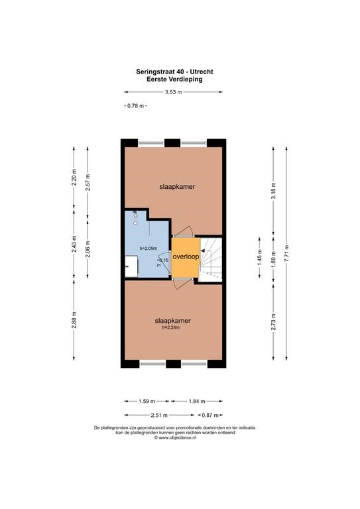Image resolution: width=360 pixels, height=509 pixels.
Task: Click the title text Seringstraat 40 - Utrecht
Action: pos(174,72)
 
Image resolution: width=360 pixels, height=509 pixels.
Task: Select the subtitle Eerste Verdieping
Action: pos(174,80)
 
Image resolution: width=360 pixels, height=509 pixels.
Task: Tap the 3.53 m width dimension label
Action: pos(173,92)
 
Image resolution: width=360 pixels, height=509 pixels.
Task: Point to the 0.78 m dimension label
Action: pos(135,105)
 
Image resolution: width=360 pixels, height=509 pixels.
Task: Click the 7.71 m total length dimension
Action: pos(286,253)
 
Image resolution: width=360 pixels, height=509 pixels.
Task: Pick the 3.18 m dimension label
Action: pos(273,191)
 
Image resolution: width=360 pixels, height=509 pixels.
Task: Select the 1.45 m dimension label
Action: pos(260,257)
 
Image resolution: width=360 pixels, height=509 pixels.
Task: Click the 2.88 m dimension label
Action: pos(74,320)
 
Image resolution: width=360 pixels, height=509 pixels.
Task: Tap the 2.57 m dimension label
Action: pos(88,182)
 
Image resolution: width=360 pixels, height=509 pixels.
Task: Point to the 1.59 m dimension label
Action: pos(147,401)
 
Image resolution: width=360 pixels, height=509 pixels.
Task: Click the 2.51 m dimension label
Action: pos(159,415)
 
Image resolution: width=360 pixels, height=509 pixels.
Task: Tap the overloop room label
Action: pos(186,256)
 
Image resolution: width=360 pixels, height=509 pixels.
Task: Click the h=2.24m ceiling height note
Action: pos(171,327)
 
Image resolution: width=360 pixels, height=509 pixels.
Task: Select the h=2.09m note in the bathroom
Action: pos(149,249)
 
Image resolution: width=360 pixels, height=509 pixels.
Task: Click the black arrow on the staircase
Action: pos(204,251)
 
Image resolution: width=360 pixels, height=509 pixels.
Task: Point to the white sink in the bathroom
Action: pos(131,266)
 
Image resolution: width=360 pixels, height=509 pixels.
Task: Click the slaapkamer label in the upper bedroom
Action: pos(177,187)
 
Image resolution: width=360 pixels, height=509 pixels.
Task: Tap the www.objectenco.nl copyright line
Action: pos(175,437)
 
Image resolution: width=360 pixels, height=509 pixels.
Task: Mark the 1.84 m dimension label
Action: pos(197,401)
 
